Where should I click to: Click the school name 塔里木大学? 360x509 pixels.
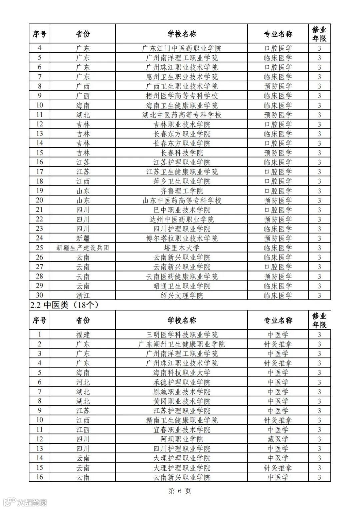(x=182, y=248)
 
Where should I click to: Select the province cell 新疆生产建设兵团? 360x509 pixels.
(x=83, y=248)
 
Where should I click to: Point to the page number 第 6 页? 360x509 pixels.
(x=180, y=491)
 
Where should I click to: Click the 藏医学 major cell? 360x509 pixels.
(x=278, y=439)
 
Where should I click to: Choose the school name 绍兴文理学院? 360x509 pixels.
(x=182, y=295)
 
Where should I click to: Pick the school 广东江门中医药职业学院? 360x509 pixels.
(x=182, y=48)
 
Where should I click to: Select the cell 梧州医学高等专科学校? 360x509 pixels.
(x=182, y=96)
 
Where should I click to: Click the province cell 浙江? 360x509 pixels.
(x=83, y=295)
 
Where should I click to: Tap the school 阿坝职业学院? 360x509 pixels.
(x=182, y=439)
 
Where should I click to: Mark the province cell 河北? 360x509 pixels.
(x=83, y=382)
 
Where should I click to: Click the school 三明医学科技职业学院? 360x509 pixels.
(x=182, y=334)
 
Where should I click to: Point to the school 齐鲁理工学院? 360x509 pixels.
(x=182, y=191)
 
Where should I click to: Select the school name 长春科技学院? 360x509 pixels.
(x=182, y=153)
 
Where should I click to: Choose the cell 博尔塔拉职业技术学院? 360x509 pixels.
(x=182, y=239)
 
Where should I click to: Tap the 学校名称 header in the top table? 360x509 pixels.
(x=182, y=34)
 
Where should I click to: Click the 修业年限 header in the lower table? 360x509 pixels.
(x=319, y=320)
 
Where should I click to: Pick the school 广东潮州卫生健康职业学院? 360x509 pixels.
(x=182, y=344)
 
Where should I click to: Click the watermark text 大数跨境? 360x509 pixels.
(x=32, y=502)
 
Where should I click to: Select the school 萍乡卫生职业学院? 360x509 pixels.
(x=182, y=181)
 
